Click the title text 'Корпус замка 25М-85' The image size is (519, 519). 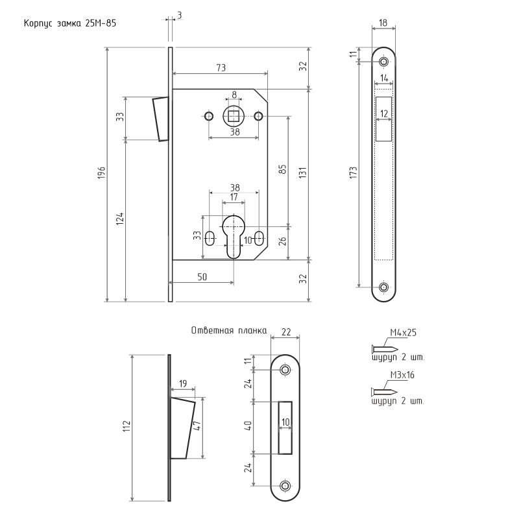[70, 23]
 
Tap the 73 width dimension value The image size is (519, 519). [221, 67]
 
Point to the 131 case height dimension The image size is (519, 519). [303, 173]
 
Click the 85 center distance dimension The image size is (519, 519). [283, 169]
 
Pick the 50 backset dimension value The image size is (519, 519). [202, 277]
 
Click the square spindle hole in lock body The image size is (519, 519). [234, 116]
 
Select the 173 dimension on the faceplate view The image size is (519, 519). [354, 173]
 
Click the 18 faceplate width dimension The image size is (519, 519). [383, 23]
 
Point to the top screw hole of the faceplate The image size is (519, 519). [384, 62]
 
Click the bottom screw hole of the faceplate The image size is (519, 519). [384, 287]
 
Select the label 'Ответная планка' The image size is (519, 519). [229, 330]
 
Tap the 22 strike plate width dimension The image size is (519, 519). [286, 332]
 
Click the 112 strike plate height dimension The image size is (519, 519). [127, 426]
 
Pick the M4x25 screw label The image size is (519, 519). [403, 333]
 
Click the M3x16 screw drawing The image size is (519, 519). [384, 392]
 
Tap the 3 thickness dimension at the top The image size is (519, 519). [180, 15]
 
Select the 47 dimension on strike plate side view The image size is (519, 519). [197, 426]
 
